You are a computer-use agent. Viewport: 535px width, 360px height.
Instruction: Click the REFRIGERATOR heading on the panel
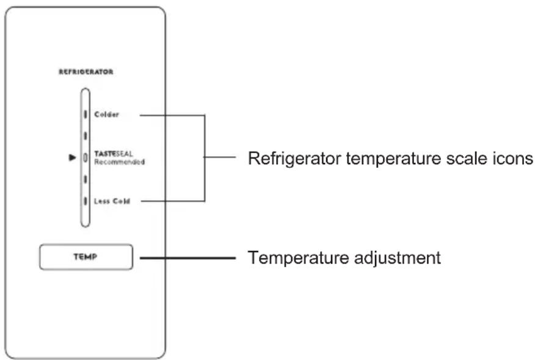click(x=86, y=71)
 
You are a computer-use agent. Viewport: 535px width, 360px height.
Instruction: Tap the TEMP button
click(x=86, y=257)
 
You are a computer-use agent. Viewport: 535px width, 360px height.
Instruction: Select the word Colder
click(x=106, y=115)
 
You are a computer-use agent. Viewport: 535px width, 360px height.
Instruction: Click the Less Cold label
click(x=112, y=201)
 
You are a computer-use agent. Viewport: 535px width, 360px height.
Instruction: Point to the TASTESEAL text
click(x=113, y=154)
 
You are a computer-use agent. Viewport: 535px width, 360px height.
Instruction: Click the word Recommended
click(x=120, y=162)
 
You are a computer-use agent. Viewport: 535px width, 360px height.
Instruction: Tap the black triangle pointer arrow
click(x=72, y=157)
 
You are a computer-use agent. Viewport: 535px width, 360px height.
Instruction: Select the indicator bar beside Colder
click(x=86, y=114)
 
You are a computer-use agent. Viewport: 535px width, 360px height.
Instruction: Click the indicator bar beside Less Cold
click(x=86, y=201)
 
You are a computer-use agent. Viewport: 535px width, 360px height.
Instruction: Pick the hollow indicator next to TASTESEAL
click(x=86, y=157)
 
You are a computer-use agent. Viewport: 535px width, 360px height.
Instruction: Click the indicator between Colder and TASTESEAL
click(x=86, y=135)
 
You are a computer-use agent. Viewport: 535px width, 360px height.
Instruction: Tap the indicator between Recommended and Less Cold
click(x=86, y=179)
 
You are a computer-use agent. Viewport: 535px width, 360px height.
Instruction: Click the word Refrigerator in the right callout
click(x=294, y=159)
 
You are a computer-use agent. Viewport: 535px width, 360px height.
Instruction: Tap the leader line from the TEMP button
click(x=187, y=258)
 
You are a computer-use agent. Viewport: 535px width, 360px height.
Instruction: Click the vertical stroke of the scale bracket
click(x=205, y=158)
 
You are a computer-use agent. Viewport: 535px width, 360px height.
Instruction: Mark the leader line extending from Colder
click(x=172, y=115)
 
